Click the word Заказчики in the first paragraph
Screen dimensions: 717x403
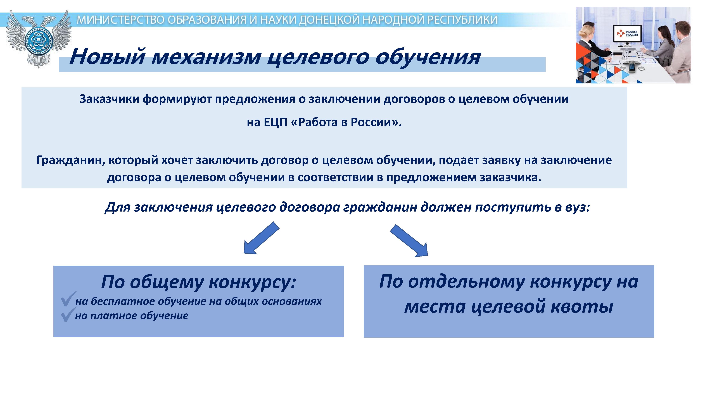click(x=109, y=99)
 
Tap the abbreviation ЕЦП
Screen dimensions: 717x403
click(x=275, y=122)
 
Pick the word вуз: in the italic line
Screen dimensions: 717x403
click(x=578, y=207)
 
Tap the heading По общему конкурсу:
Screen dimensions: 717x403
click(x=198, y=282)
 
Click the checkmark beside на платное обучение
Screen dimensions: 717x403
click(x=68, y=315)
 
